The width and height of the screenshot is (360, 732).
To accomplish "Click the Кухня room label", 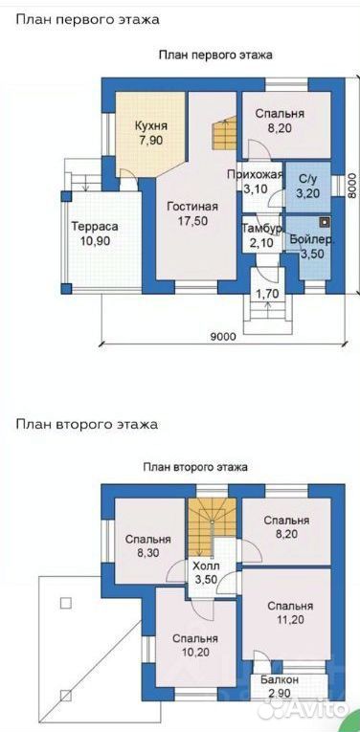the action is click(x=151, y=126).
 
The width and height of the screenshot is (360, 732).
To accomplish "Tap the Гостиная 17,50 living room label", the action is click(x=192, y=213).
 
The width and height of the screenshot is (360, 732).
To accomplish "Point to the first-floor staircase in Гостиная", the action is click(x=224, y=134).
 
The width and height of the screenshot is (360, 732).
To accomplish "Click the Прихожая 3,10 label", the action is click(x=255, y=182).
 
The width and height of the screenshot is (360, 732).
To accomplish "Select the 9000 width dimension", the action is click(x=222, y=336).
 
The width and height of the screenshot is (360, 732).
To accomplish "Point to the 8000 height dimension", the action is click(x=353, y=186).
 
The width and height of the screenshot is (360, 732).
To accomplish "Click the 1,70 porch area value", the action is click(x=265, y=294).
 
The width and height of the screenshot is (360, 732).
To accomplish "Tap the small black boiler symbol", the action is click(x=324, y=222).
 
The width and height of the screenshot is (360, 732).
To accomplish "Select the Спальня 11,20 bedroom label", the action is click(x=289, y=613).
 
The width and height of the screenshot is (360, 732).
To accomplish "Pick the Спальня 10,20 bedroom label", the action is click(x=194, y=645).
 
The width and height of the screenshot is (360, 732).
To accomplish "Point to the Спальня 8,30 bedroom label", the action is click(x=147, y=545).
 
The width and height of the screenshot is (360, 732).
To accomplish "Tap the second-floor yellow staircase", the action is click(x=212, y=527).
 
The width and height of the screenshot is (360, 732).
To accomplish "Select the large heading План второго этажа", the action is click(x=87, y=425).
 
